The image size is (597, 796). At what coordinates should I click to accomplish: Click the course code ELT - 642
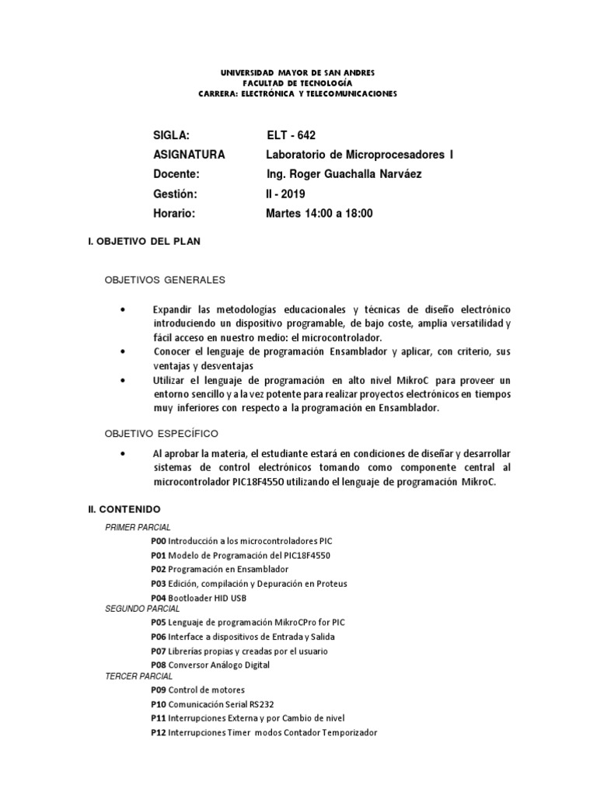tap(291, 135)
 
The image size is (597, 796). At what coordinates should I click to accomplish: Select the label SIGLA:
tap(172, 135)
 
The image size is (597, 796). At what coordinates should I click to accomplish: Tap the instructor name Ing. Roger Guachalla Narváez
tap(344, 174)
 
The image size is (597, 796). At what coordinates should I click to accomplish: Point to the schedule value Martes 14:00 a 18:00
tap(319, 213)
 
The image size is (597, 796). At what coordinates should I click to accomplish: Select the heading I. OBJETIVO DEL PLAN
tap(145, 242)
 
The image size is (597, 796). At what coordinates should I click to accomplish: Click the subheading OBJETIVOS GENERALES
tap(165, 278)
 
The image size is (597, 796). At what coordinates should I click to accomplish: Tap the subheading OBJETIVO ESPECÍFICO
tap(162, 432)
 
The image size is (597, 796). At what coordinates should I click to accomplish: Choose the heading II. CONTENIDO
tap(124, 508)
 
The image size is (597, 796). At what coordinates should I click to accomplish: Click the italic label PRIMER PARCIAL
tap(138, 527)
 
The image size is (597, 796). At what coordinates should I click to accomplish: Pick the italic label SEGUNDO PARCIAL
tap(142, 609)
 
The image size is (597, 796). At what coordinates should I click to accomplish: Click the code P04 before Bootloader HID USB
tap(159, 597)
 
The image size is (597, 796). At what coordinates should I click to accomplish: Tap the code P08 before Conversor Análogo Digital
tap(159, 665)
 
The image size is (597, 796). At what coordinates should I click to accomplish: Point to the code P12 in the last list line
tap(159, 732)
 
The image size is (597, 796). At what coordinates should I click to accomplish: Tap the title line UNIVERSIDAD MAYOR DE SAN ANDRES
tap(298, 72)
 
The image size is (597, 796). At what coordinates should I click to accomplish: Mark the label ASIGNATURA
tap(189, 155)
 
